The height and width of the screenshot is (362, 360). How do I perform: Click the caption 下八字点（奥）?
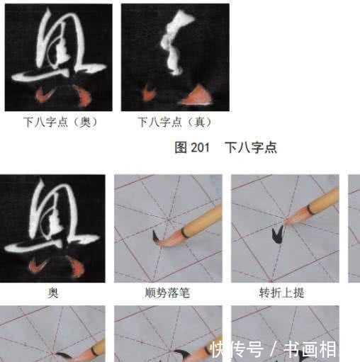point(60,122)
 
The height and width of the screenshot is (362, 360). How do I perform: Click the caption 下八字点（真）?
point(174,122)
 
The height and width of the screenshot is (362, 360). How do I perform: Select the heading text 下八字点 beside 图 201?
point(250,147)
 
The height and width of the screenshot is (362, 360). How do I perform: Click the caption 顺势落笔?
point(167,293)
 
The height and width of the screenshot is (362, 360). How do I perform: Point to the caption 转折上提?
point(283,293)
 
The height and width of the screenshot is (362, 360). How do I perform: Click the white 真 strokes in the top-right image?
point(174,46)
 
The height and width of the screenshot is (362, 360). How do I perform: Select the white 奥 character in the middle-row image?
point(53,220)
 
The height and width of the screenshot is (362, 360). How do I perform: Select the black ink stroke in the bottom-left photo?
point(65,354)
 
